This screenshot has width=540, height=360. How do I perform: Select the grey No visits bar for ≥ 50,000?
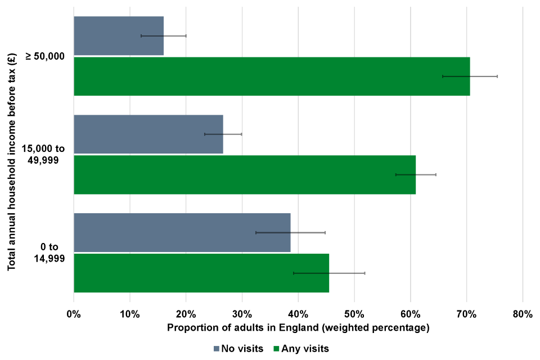click(x=118, y=36)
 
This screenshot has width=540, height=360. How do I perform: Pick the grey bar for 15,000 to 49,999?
click(x=148, y=134)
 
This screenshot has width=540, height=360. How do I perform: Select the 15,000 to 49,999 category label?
click(x=44, y=154)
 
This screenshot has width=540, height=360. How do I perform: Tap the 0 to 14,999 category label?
click(x=48, y=253)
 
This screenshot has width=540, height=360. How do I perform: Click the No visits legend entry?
click(x=238, y=349)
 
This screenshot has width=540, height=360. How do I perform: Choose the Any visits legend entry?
click(x=301, y=349)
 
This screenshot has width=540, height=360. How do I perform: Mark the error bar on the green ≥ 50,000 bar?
click(x=470, y=76)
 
